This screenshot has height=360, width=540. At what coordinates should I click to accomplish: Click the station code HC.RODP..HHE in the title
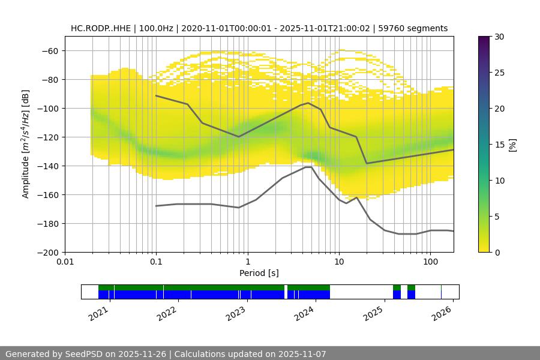point(98,28)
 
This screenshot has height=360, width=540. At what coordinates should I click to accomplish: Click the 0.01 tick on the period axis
point(65,262)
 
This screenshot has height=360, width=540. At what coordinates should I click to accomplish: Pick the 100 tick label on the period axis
point(430,262)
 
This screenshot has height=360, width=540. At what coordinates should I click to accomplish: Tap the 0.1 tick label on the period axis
point(156,262)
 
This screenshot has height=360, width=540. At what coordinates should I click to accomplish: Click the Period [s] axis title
point(259,274)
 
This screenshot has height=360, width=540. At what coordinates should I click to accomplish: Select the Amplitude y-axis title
point(26,144)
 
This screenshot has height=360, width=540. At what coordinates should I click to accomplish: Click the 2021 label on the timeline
point(100,313)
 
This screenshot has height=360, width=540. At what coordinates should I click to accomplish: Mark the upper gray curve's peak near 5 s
point(308,103)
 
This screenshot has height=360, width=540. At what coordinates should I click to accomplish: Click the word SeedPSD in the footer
point(83,354)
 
